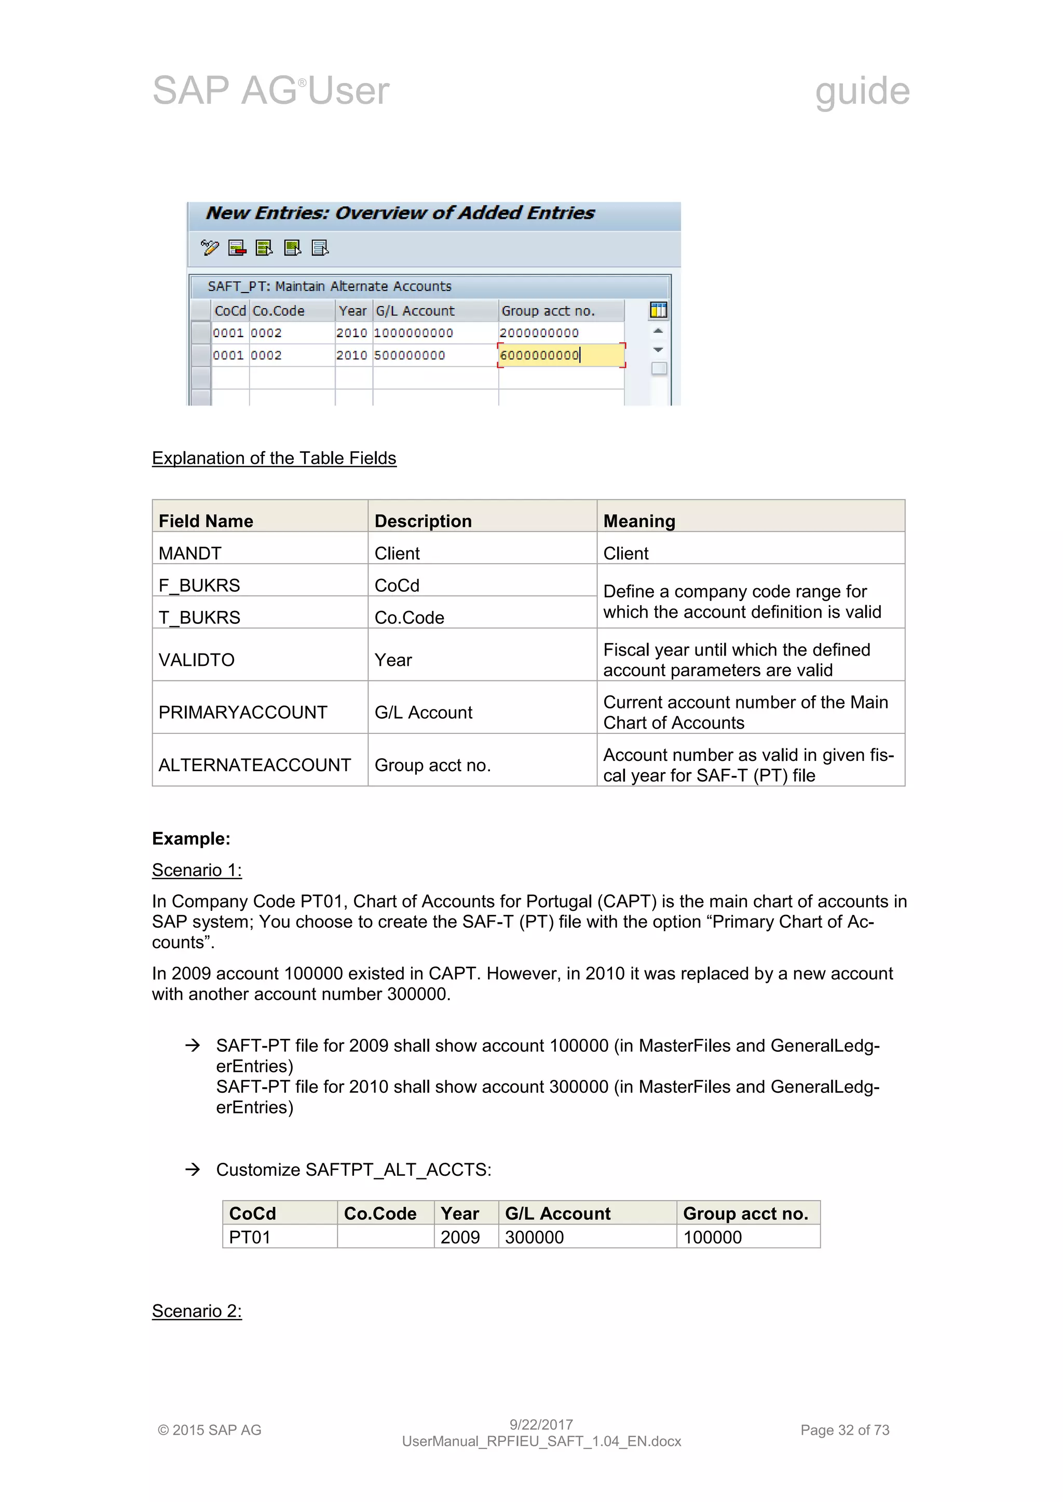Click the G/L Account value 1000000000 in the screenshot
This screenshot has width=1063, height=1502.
tap(413, 333)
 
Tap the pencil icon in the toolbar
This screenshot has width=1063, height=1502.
tap(210, 247)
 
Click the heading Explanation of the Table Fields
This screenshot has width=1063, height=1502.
tap(274, 458)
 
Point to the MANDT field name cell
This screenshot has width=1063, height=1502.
tap(190, 553)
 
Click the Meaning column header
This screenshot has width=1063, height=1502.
tap(639, 521)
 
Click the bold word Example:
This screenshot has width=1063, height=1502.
tap(191, 839)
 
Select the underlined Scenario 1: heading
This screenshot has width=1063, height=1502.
tap(196, 870)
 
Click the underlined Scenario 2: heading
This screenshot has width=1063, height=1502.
tap(196, 1311)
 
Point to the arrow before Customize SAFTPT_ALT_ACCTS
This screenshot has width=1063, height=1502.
tap(193, 1169)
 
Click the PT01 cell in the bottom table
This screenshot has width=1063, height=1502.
tap(249, 1237)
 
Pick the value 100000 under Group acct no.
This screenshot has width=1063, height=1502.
tap(712, 1237)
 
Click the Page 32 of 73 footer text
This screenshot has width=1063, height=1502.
tap(844, 1430)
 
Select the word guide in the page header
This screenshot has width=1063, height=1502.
tap(862, 90)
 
